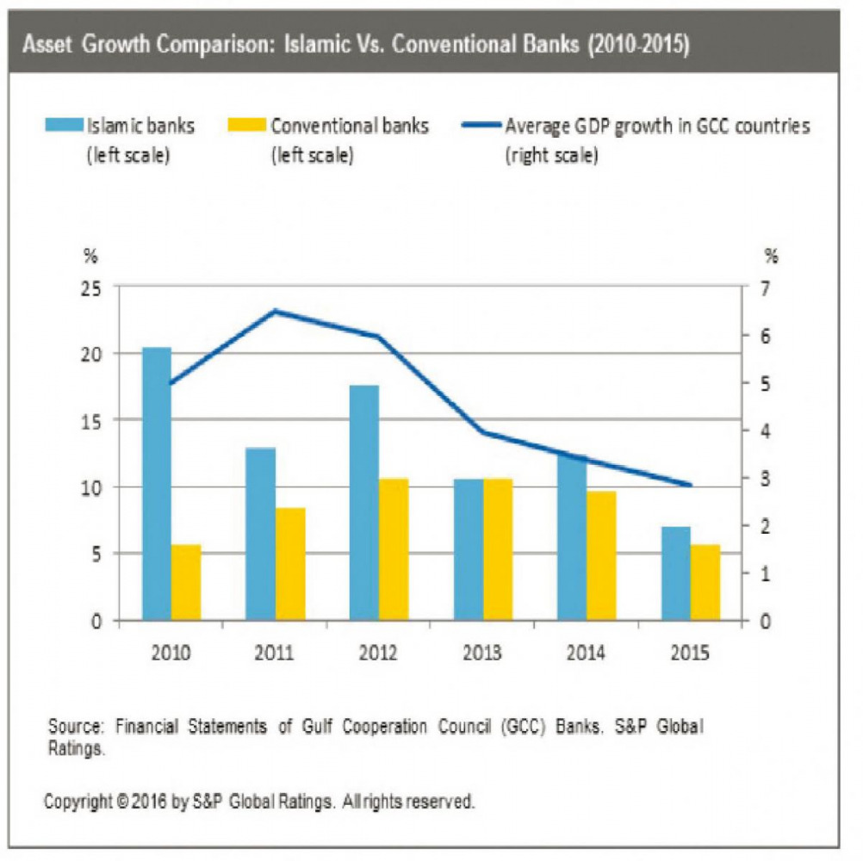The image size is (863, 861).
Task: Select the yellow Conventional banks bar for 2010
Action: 186,582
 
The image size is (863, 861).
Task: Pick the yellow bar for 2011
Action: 290,563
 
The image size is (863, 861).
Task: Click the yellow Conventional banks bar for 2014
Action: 602,555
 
